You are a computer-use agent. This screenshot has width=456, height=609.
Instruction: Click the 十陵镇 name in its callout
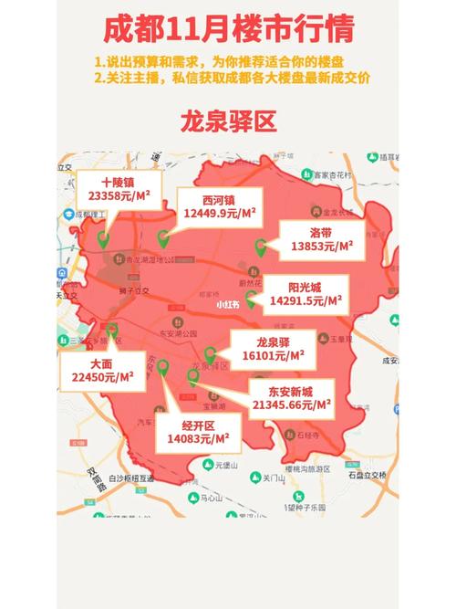pos(119,182)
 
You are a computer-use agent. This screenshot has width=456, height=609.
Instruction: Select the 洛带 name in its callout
pos(321,232)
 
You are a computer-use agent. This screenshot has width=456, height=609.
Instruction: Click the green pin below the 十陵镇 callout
pos(103,239)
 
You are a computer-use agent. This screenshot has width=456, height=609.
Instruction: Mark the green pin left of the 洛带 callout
pos(260,246)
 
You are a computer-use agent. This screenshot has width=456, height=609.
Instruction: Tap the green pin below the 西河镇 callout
pos(163,239)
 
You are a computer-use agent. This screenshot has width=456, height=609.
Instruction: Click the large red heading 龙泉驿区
pos(227,121)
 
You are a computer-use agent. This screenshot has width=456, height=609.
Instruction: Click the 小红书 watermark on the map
pos(229,304)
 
